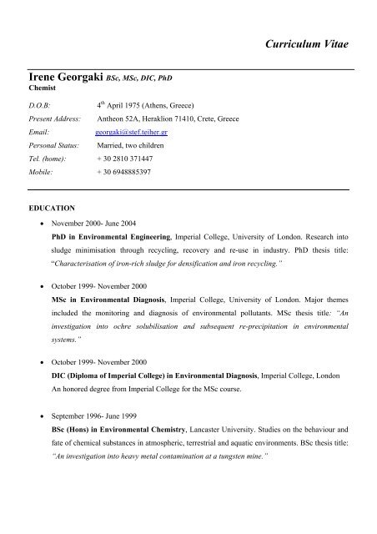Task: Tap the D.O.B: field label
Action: point(40,107)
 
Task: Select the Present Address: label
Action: point(54,119)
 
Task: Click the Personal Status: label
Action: point(54,144)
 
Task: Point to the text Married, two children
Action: point(138,144)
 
